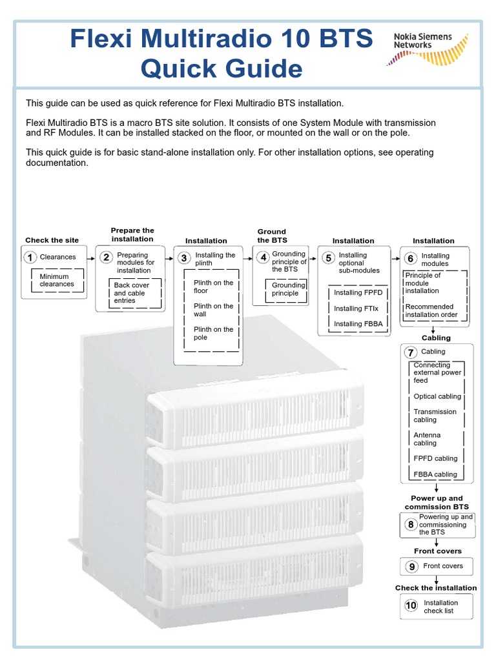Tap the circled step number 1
pos(30,258)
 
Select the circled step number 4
pos(263,258)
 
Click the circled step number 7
pos(411,352)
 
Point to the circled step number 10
pos(411,606)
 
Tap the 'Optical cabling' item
pos(437,396)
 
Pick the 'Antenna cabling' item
pos(427,439)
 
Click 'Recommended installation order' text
pos(431,310)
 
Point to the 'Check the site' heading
pos(52,240)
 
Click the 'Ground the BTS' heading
pos(272,236)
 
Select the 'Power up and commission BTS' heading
pos(437,502)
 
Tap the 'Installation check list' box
pos(437,607)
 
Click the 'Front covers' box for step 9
pos(437,566)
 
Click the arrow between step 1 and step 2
pos(90,257)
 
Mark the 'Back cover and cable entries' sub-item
pos(132,292)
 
